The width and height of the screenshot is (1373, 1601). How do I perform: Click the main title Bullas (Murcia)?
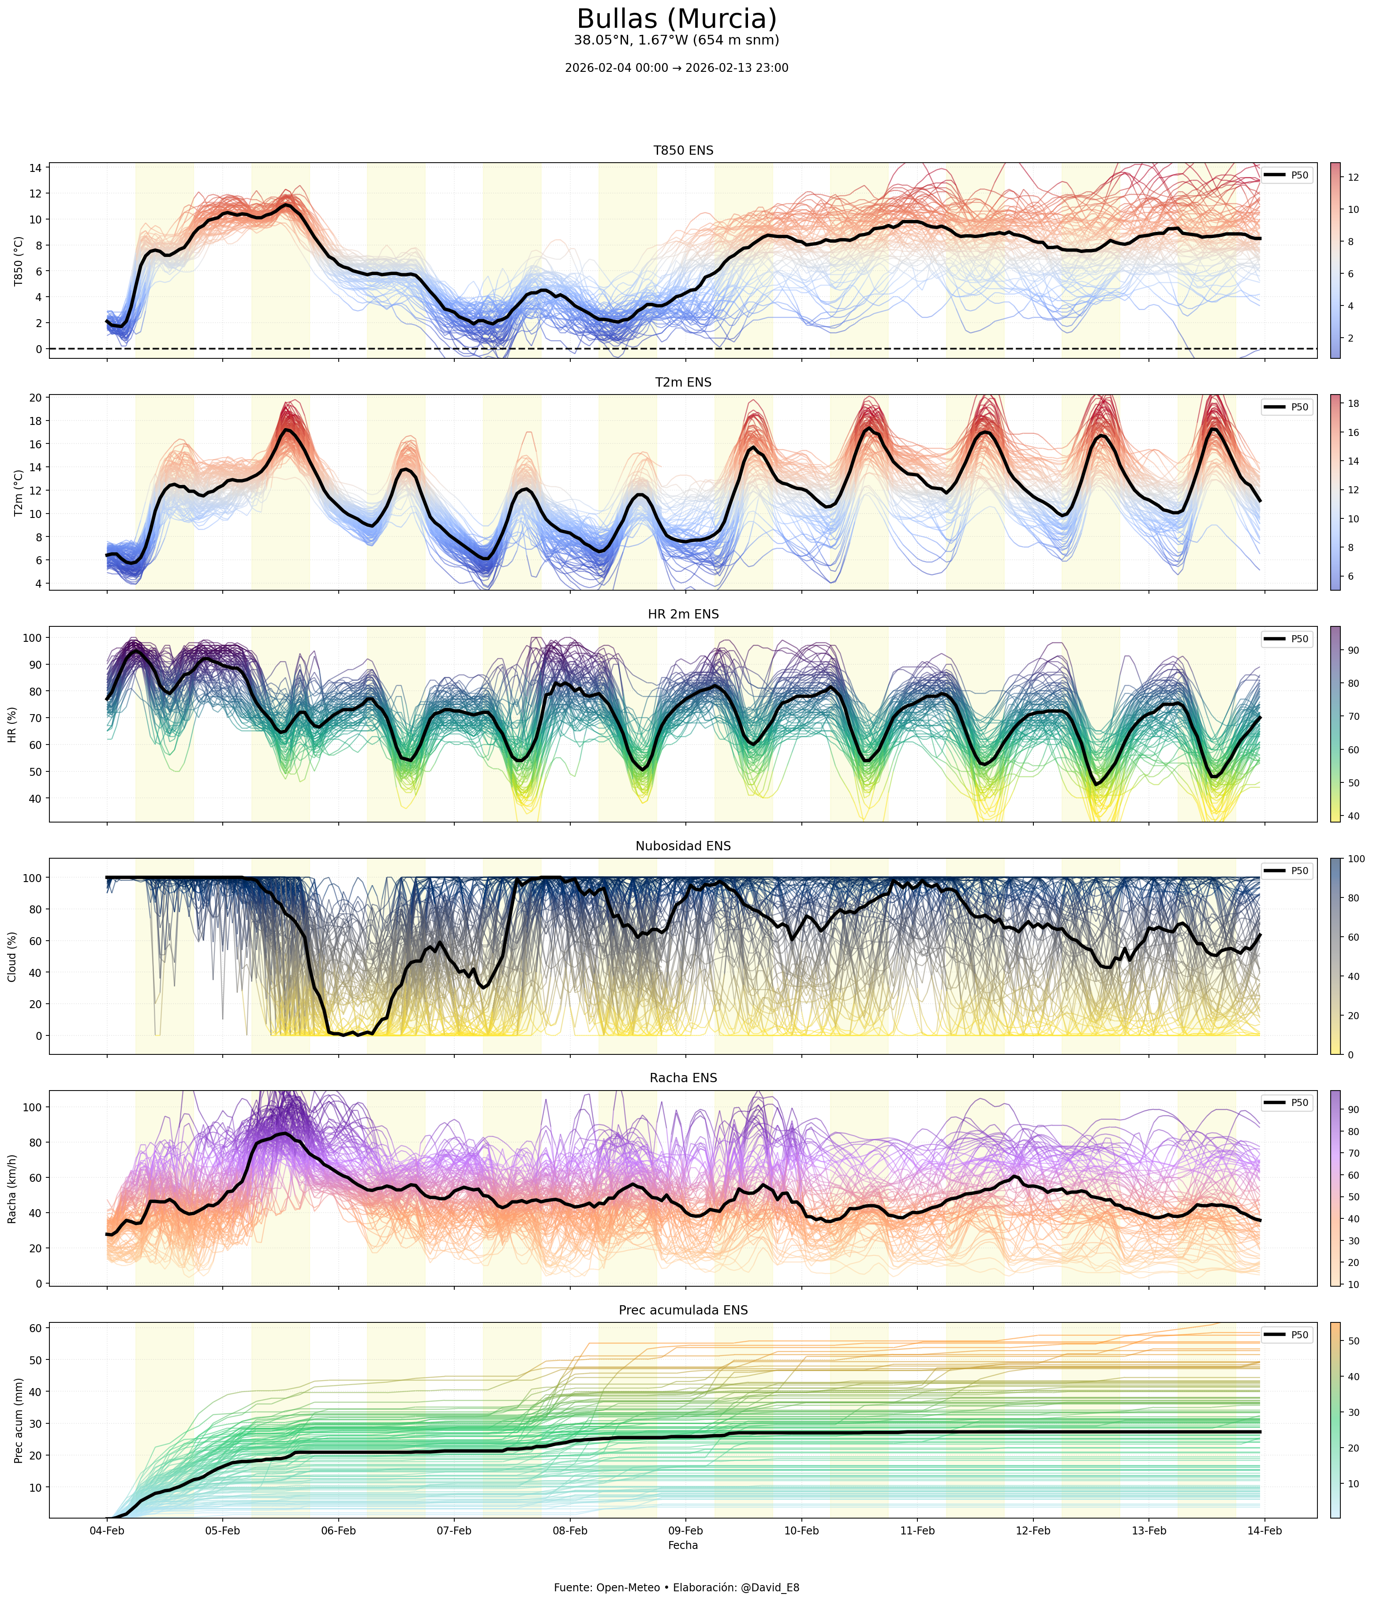[x=677, y=19]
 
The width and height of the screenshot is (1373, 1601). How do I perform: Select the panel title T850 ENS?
[x=683, y=151]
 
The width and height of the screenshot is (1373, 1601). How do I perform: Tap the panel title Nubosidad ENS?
[x=683, y=846]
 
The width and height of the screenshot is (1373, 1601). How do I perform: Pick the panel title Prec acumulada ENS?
[x=683, y=1311]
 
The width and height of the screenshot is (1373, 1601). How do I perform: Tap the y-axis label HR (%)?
[x=12, y=724]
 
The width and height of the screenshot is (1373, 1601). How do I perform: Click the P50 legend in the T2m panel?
[x=1287, y=407]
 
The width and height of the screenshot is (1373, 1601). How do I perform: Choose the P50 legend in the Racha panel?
[x=1287, y=1102]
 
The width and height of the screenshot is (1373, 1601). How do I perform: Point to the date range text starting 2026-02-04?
[x=677, y=68]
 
